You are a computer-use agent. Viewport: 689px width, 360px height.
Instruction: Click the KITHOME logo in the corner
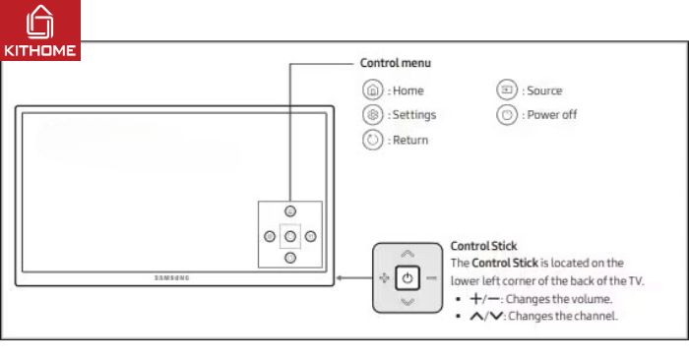pyautogui.click(x=40, y=30)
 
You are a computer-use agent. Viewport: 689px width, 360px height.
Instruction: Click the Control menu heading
pyautogui.click(x=395, y=63)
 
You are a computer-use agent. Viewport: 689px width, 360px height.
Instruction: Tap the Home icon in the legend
pyautogui.click(x=372, y=90)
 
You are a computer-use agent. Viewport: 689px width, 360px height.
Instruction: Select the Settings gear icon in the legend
pyautogui.click(x=372, y=115)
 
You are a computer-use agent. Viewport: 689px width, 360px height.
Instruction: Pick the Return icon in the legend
pyautogui.click(x=372, y=140)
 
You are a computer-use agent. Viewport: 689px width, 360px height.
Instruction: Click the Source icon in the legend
pyautogui.click(x=507, y=90)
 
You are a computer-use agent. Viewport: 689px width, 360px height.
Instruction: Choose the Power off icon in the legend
pyautogui.click(x=507, y=115)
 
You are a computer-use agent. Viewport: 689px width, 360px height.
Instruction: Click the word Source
pyautogui.click(x=544, y=90)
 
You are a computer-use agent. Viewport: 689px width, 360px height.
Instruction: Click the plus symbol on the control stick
pyautogui.click(x=384, y=278)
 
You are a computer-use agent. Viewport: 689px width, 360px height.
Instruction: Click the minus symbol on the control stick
pyautogui.click(x=431, y=278)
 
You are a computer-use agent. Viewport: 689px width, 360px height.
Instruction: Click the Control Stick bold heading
pyautogui.click(x=483, y=246)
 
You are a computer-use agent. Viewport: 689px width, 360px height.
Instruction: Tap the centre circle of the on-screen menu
pyautogui.click(x=289, y=236)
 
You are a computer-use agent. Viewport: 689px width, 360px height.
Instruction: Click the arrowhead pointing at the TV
pyautogui.click(x=341, y=278)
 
